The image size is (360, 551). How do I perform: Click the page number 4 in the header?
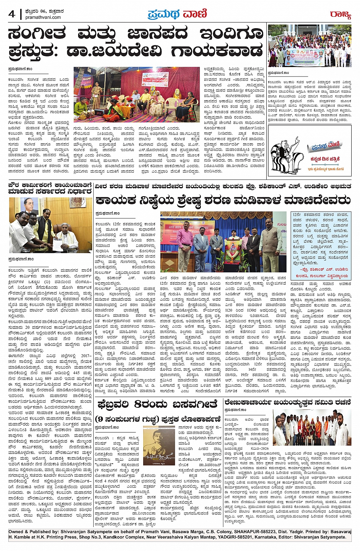coord(11,14)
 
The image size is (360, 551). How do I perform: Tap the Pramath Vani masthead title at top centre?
coord(177,14)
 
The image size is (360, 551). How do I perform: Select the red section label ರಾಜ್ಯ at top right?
coord(340,14)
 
